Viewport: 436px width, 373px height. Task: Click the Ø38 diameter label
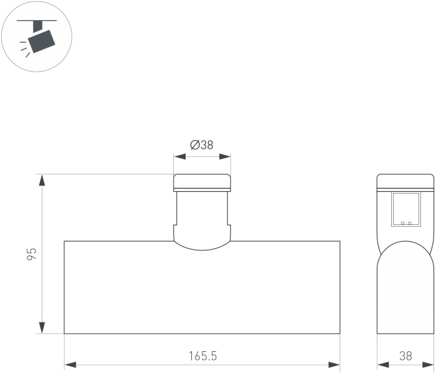pos(202,145)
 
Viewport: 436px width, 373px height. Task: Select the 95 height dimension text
pos(32,254)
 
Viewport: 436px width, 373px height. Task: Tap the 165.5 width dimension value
pos(202,356)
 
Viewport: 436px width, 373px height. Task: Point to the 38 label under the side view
pos(405,356)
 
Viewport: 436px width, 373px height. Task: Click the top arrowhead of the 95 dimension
pos(42,180)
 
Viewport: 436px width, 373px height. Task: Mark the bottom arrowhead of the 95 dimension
pos(42,328)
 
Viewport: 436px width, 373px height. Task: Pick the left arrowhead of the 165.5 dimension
pos(70,365)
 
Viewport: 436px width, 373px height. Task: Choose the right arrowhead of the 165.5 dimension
pos(334,365)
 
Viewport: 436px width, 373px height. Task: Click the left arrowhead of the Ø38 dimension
pos(179,156)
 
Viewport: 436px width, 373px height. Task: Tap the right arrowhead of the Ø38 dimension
pos(225,156)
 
